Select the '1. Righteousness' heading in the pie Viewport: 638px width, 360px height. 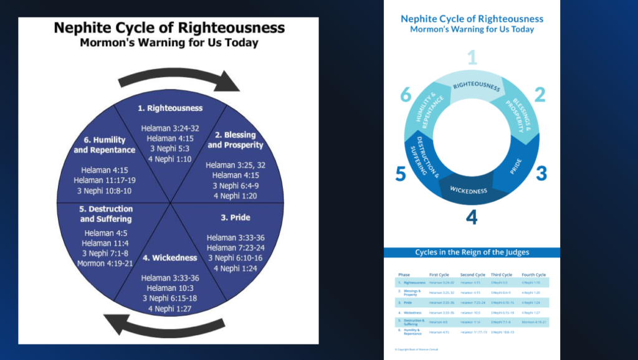click(170, 108)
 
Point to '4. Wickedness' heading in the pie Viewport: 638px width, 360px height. click(169, 258)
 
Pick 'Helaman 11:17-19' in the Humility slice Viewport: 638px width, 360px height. click(104, 179)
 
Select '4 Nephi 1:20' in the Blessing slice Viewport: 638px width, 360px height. click(235, 196)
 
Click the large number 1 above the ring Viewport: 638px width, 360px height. click(472, 58)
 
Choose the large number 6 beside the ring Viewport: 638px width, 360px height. click(406, 95)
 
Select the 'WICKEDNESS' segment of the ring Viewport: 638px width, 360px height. click(469, 190)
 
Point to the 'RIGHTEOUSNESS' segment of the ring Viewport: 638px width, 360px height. click(476, 85)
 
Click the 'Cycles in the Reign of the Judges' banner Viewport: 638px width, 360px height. click(472, 252)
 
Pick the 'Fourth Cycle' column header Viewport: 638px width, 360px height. click(533, 275)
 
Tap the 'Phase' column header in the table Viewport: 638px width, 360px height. click(404, 275)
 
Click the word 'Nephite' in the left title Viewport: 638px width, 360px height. click(85, 29)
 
